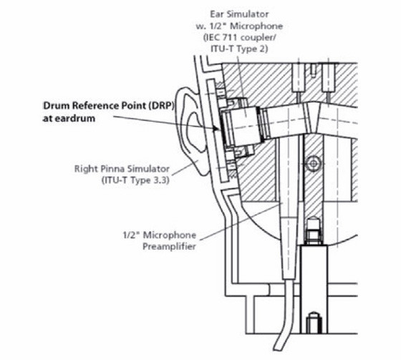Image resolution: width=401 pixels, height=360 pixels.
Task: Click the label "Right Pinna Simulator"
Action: coord(115,170)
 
